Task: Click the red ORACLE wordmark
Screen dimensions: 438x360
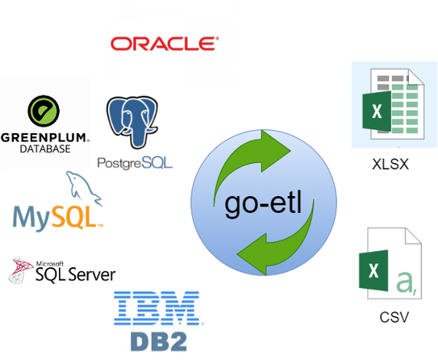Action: click(x=165, y=44)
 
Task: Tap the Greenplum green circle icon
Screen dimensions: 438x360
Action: click(x=44, y=111)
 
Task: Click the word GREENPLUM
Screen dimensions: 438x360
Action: click(x=44, y=138)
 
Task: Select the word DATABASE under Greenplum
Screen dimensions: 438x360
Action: click(x=45, y=149)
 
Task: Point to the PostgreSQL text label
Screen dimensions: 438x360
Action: click(x=135, y=163)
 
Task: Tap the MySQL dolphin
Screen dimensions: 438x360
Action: click(x=84, y=188)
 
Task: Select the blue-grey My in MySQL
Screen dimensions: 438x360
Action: click(x=32, y=219)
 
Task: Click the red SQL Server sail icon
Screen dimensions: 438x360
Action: click(x=20, y=270)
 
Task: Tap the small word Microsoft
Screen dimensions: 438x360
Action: click(x=50, y=263)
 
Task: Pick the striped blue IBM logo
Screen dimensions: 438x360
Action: click(x=157, y=308)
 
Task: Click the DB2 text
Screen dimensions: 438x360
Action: click(x=159, y=341)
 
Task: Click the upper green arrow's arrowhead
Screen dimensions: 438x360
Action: click(x=276, y=151)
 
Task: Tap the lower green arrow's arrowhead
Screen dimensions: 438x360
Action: click(x=252, y=254)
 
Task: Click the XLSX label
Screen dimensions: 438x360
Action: click(x=390, y=164)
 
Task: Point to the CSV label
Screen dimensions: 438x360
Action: click(x=394, y=317)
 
